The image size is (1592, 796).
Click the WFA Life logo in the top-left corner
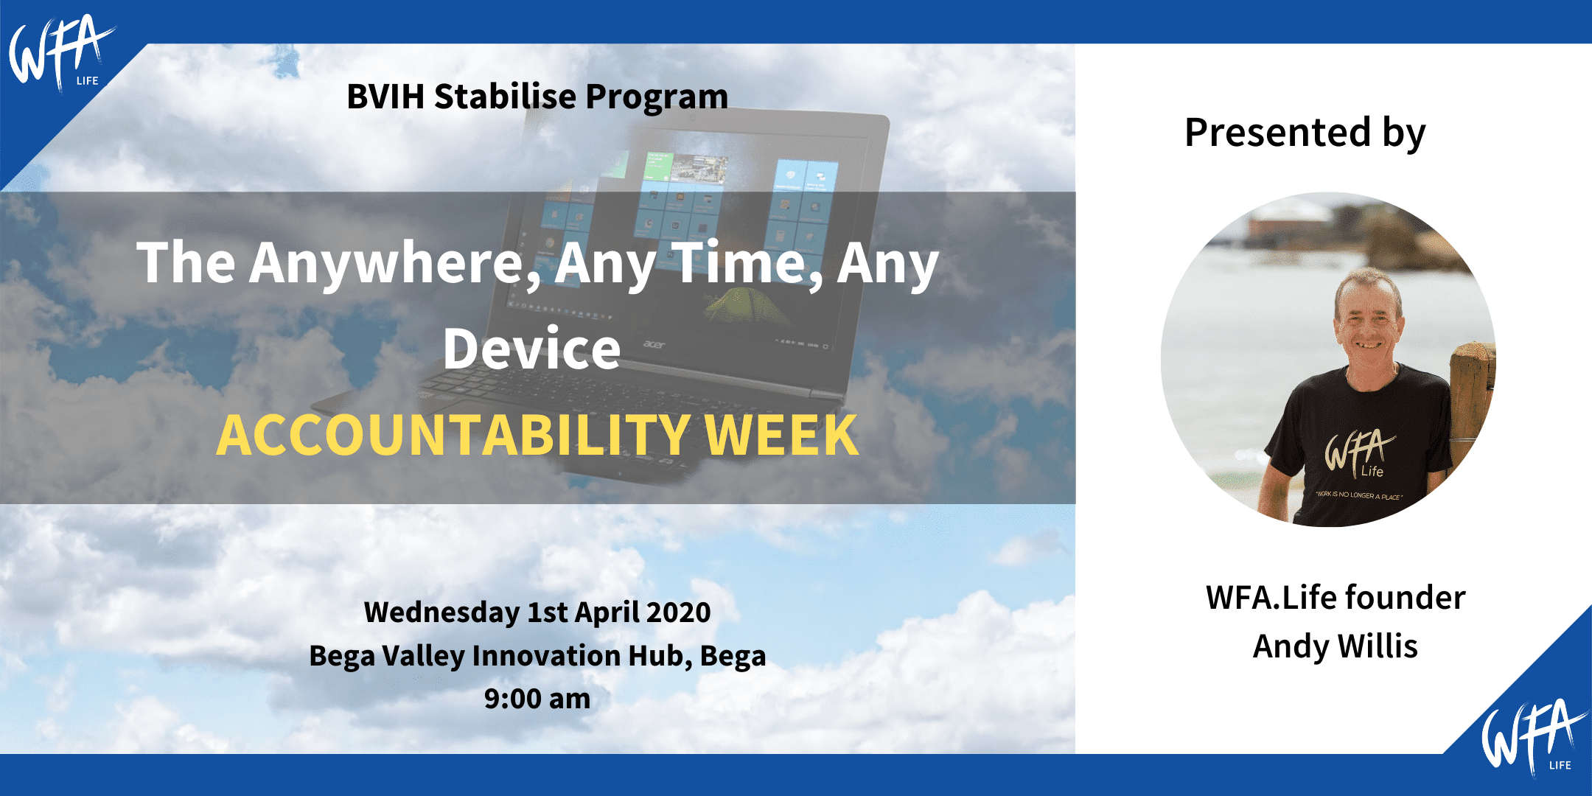pos(60,53)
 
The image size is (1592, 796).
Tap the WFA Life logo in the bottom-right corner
pos(1534,737)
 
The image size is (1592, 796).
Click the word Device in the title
pos(531,349)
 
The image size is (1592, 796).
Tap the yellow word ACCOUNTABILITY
pos(453,435)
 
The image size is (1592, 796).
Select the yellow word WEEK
pos(781,435)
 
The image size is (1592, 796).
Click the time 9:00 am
pos(537,699)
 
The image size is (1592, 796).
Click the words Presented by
pos(1305,133)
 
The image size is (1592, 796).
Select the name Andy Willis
pos(1335,646)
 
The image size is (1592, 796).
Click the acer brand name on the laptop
pos(654,344)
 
